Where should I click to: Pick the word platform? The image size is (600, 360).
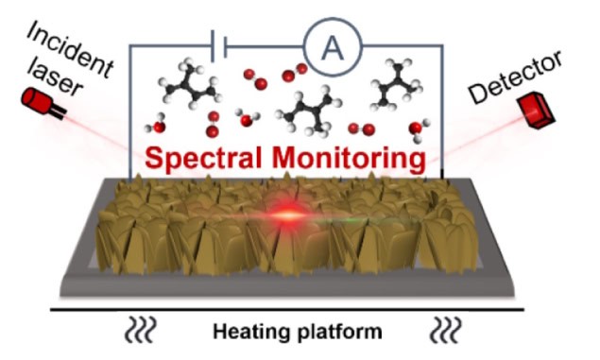point(334,333)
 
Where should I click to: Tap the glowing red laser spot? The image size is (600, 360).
point(286,216)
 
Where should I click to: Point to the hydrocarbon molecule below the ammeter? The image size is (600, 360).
point(306,110)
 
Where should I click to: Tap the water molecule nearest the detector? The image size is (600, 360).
point(418,131)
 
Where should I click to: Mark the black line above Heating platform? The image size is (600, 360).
point(292,308)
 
